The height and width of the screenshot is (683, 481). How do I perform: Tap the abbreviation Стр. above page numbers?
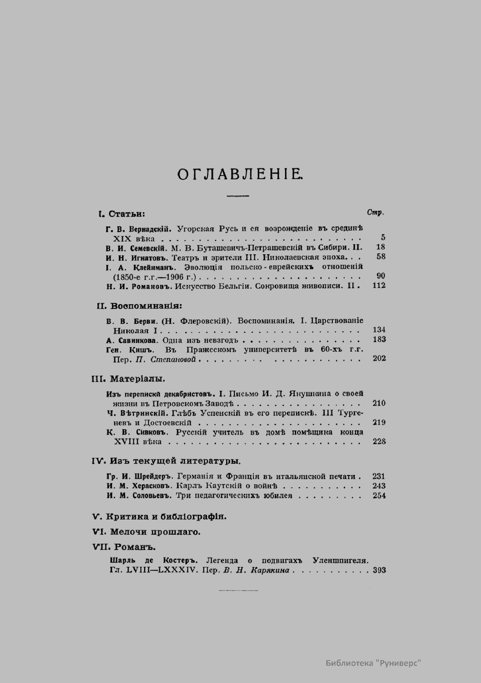375,212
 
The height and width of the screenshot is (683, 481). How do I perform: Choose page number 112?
379,286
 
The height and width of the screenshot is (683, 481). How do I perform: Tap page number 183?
379,340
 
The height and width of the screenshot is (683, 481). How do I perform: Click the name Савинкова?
138,340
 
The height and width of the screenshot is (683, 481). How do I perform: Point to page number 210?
379,403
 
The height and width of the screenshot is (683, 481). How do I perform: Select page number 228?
379,441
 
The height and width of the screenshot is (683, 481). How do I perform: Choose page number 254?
379,496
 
